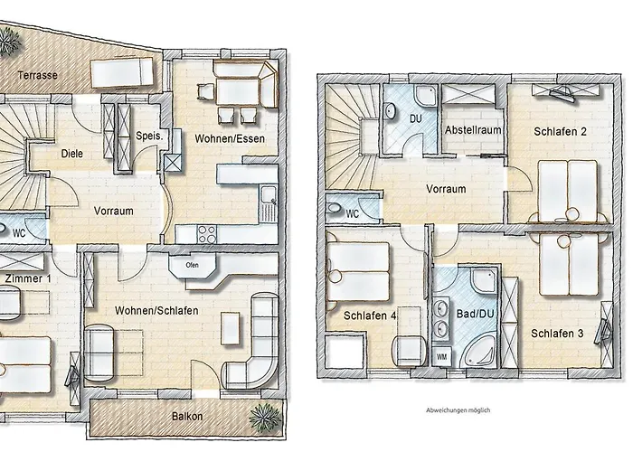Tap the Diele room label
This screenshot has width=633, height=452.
(72, 154)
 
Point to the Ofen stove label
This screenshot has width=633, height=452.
(192, 265)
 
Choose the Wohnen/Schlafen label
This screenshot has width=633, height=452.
(156, 310)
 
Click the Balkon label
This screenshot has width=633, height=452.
(187, 417)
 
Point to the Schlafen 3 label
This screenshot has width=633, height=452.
(557, 334)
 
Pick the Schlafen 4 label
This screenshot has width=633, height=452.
(369, 315)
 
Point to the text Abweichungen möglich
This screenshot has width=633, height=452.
(458, 410)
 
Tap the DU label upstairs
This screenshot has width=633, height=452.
(417, 118)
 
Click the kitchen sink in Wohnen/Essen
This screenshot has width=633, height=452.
(267, 193)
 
